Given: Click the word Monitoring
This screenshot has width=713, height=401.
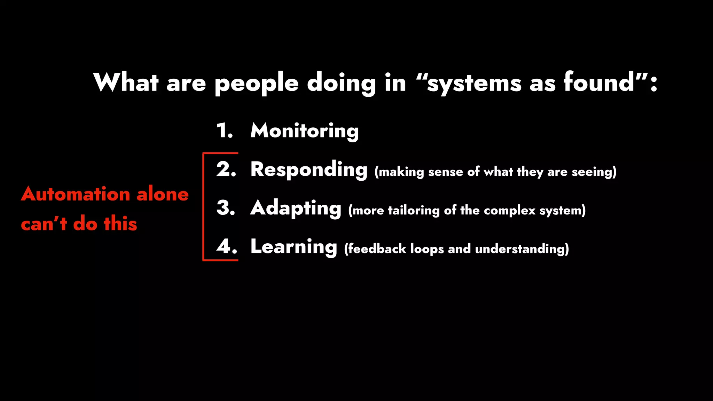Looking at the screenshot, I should tap(304, 131).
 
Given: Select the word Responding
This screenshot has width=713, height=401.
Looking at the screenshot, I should tap(309, 170).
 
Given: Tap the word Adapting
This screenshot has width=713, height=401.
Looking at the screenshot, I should tap(296, 208).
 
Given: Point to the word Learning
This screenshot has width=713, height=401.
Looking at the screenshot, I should tap(293, 247).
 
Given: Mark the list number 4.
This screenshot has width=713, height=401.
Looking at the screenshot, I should tap(227, 247).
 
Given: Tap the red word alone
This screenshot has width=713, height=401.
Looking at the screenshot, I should tap(163, 194).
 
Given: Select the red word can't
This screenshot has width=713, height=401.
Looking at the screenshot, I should tap(44, 223).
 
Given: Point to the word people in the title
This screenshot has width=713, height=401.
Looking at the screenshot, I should tap(257, 84).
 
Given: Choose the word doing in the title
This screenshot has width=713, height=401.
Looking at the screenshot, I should tap(341, 84).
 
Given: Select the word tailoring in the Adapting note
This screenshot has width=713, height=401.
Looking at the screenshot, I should tap(414, 211).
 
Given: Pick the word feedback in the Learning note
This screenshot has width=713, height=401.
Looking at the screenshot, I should tap(377, 249).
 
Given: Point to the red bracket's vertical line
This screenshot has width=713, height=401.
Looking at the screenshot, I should tap(203, 206).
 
